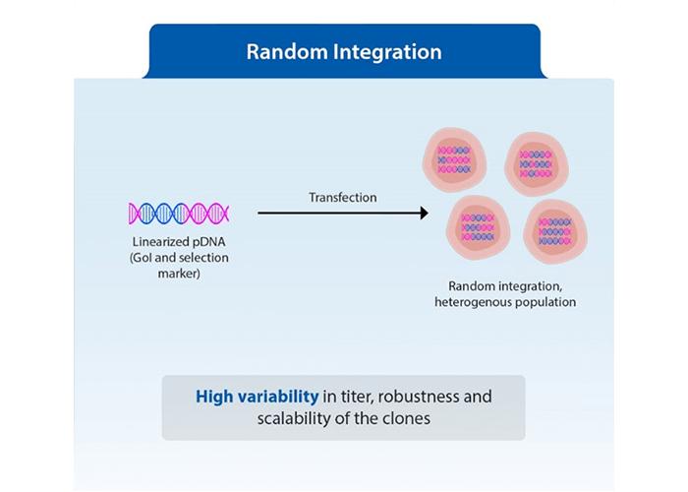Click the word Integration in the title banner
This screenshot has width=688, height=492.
386,51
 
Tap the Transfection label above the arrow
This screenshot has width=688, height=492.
343,198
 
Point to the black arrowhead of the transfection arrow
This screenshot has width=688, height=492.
423,213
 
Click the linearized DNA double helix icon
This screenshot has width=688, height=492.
179,213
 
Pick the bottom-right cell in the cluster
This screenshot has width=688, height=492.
555,231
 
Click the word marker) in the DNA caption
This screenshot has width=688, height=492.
179,274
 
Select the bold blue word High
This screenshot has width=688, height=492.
216,398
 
